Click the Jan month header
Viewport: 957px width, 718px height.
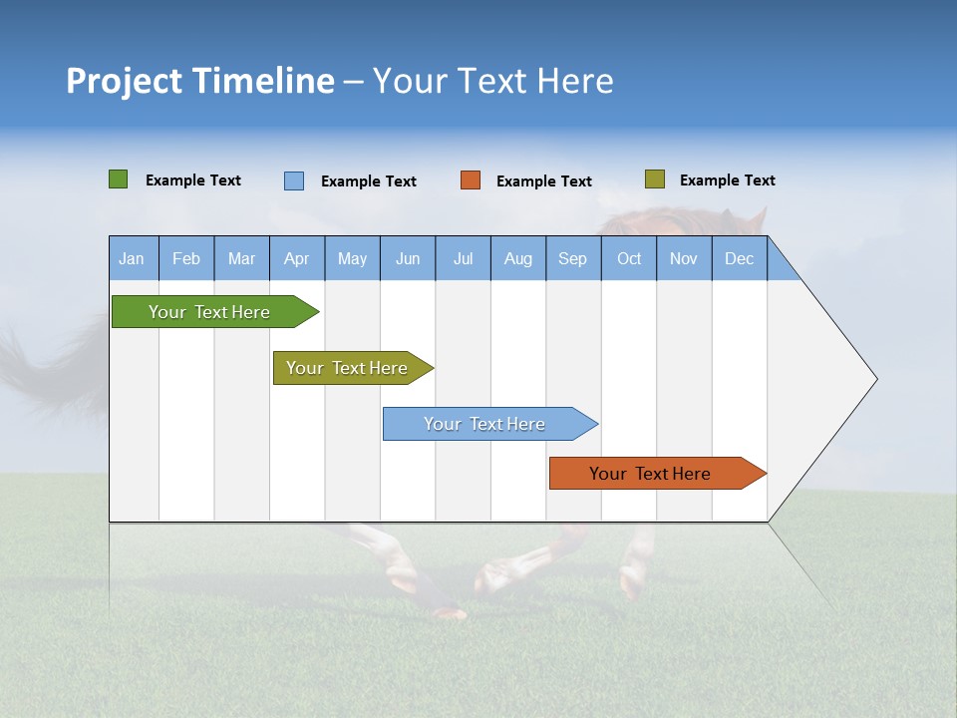(133, 258)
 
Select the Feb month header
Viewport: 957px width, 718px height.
(186, 258)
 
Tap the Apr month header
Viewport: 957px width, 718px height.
(297, 258)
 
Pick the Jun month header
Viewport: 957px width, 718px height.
(408, 258)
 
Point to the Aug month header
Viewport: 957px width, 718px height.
(518, 258)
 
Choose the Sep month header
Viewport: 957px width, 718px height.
(573, 258)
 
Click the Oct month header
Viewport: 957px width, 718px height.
(629, 258)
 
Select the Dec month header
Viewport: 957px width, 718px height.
(740, 258)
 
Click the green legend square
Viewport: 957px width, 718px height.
(119, 179)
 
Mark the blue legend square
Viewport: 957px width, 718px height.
(294, 180)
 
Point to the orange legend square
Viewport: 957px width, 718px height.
(471, 180)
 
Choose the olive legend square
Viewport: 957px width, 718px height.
(655, 179)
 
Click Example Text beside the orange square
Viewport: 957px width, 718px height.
(544, 181)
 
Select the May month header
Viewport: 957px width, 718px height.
(352, 258)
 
